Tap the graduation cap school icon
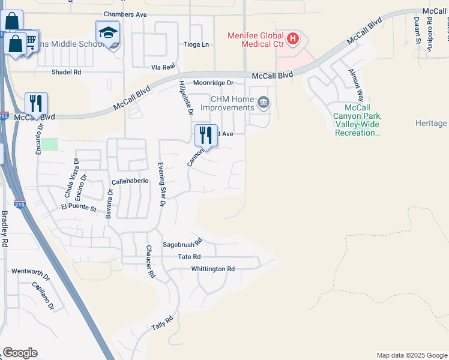tap(108, 32)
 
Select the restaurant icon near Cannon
tap(206, 136)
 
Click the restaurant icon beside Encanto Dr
tap(36, 104)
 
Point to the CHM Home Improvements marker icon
tap(263, 104)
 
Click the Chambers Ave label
tap(125, 13)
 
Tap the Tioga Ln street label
tap(197, 44)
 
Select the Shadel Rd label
tap(66, 72)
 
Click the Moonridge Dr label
tap(212, 83)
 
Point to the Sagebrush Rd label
tap(181, 245)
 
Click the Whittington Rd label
tap(212, 269)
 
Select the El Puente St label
tap(79, 208)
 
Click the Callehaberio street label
tap(130, 181)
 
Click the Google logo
tap(20, 353)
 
